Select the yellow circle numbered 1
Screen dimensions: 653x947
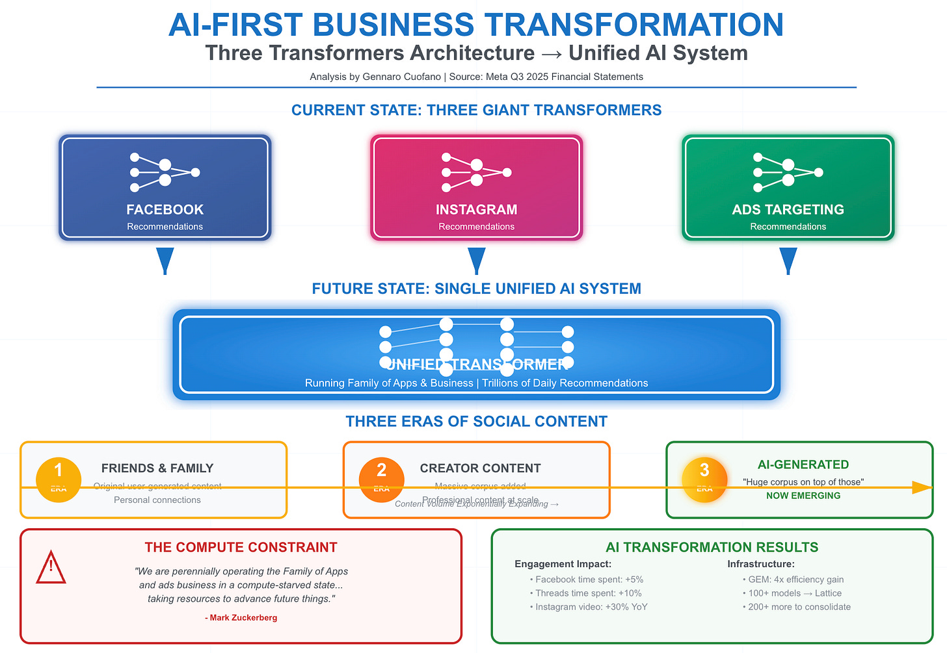(59, 480)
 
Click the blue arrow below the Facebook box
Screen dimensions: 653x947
(165, 261)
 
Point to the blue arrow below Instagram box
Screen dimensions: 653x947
(477, 261)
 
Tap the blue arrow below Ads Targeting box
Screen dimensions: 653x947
(788, 261)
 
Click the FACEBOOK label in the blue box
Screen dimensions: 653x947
(165, 210)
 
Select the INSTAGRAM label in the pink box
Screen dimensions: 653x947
(477, 210)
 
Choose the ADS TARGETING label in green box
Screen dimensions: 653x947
(788, 210)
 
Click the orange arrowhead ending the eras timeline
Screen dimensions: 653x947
(922, 487)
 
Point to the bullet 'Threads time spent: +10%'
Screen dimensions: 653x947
(588, 593)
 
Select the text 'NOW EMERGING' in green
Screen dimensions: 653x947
(803, 496)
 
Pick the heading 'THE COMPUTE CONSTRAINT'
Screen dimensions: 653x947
(241, 548)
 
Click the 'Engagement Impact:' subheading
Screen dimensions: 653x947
(563, 564)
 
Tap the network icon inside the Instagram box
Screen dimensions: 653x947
(477, 172)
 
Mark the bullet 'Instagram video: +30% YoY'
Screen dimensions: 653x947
(591, 607)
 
